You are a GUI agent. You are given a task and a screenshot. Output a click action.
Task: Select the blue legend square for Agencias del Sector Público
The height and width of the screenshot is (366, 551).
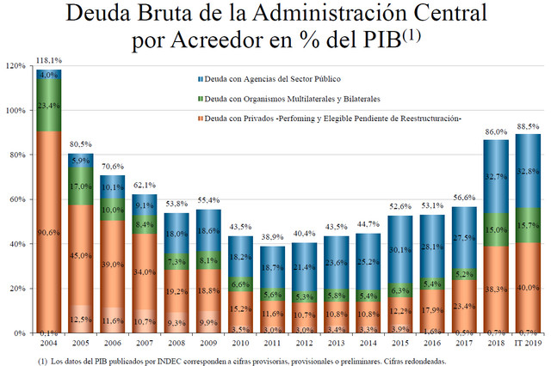pyautogui.click(x=200, y=77)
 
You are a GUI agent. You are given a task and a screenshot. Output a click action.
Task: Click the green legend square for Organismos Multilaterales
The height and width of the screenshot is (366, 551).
pyautogui.click(x=200, y=99)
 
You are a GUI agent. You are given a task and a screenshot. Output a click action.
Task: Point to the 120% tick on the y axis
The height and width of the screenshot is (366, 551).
pyautogui.click(x=14, y=65)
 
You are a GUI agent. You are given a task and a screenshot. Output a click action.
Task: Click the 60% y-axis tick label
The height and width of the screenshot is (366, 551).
pyautogui.click(x=15, y=199)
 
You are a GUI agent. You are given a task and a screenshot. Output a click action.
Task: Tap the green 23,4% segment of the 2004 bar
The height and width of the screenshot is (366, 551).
pyautogui.click(x=48, y=106)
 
